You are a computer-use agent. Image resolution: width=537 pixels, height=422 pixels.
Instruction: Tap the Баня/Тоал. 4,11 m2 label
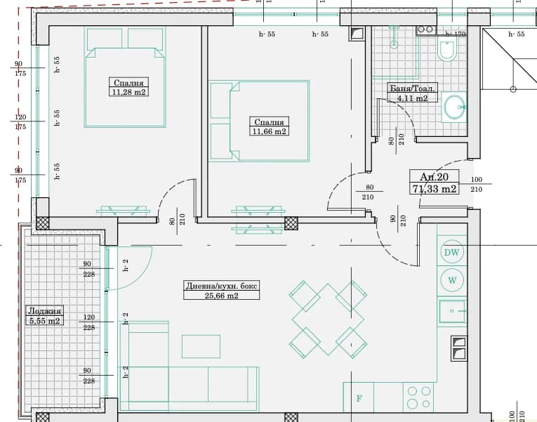[x=412, y=93]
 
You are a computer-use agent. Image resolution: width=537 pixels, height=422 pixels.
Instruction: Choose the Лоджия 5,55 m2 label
[x=44, y=315]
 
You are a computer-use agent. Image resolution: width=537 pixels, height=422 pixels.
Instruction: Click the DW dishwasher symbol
[x=452, y=252]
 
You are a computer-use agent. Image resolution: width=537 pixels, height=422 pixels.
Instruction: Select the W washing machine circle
[x=452, y=280]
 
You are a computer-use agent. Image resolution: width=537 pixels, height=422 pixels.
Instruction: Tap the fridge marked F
[x=359, y=397]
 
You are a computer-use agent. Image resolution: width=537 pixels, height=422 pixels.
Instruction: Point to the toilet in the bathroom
[x=448, y=50]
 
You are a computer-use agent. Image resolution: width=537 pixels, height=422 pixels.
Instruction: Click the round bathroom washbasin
[x=454, y=107]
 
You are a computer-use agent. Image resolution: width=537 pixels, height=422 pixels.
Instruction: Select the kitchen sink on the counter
[x=452, y=311]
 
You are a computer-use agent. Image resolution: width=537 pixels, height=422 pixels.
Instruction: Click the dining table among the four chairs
[x=328, y=319]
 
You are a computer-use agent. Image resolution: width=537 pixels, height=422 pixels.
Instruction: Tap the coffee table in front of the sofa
[x=201, y=346]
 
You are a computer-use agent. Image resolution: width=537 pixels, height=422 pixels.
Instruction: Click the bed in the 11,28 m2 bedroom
[x=126, y=77]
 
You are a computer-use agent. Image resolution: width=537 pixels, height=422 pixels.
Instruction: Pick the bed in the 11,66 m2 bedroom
[x=259, y=121]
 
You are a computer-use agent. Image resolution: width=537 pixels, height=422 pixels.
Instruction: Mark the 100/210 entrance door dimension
[x=477, y=184]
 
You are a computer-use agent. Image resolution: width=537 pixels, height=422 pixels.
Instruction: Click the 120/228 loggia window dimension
[x=88, y=322]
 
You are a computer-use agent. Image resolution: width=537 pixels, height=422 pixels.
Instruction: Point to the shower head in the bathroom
[x=395, y=44]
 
